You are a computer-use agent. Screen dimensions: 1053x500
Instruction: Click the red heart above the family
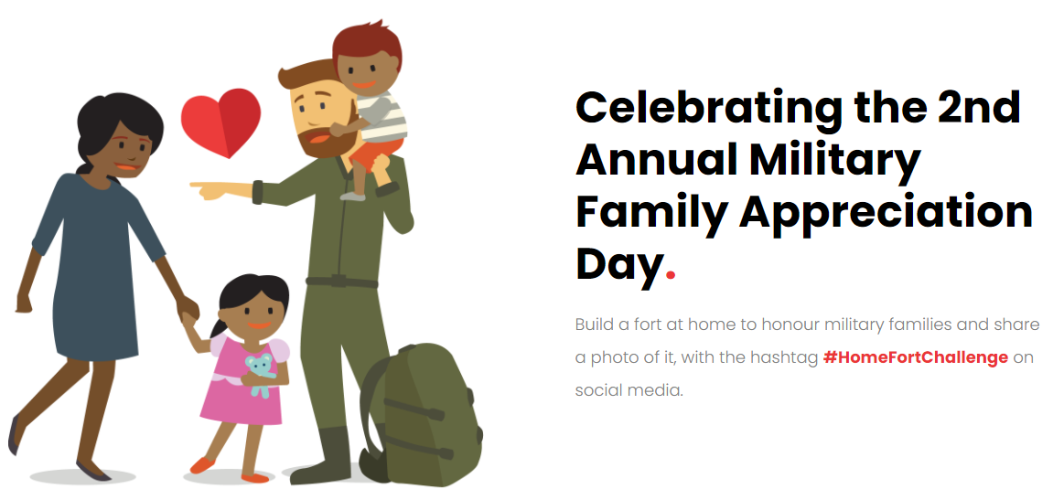[221, 121]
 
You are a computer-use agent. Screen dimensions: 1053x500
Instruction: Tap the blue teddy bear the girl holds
[260, 374]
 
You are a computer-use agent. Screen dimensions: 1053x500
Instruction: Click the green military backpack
[422, 416]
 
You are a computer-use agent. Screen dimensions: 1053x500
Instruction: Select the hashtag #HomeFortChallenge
[916, 357]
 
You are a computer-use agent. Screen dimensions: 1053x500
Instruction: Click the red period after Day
[670, 274]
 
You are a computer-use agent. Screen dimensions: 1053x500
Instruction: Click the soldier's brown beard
[321, 140]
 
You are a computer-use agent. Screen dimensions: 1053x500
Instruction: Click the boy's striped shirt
[381, 117]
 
